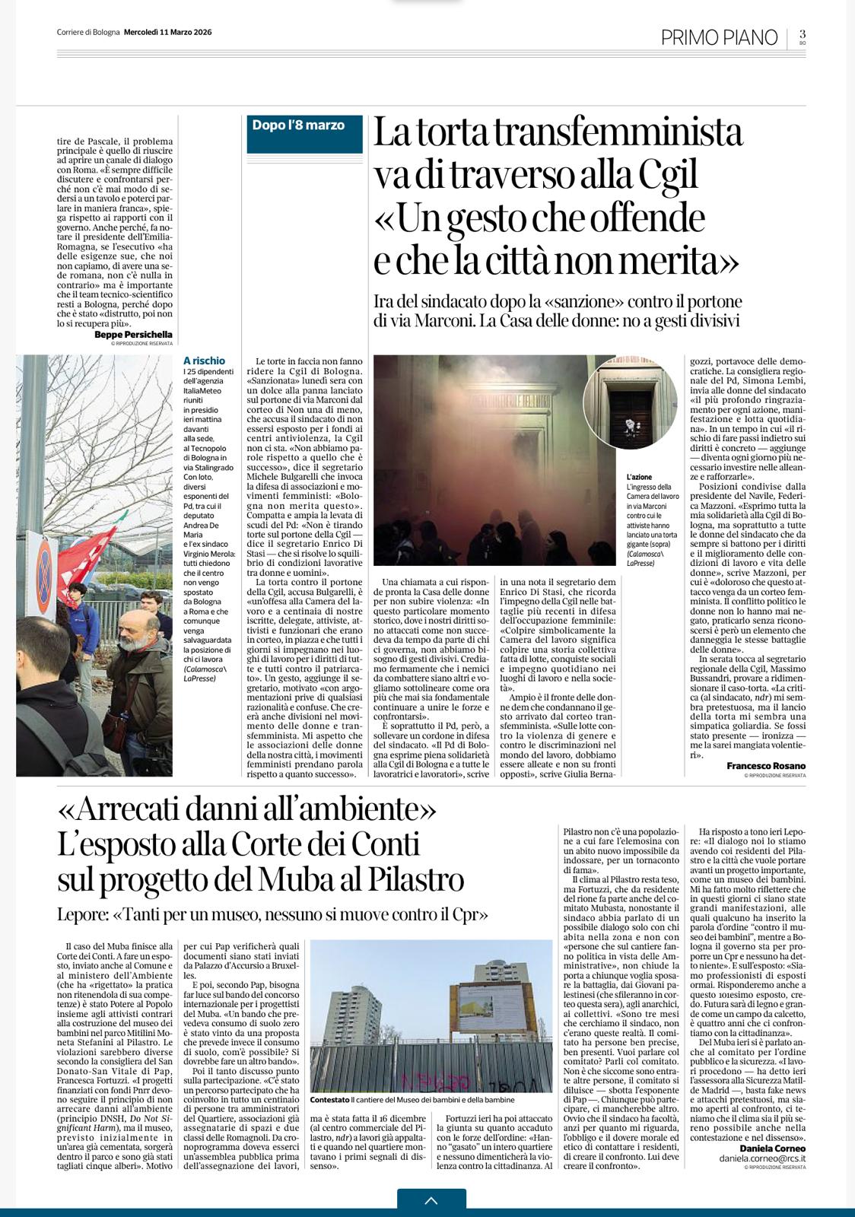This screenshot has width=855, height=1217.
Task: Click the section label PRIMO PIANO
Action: pyautogui.click(x=719, y=37)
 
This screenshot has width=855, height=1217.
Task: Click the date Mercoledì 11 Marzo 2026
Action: pyautogui.click(x=167, y=32)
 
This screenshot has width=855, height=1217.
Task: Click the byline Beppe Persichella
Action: pyautogui.click(x=133, y=334)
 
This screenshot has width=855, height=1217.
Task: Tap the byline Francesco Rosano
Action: pyautogui.click(x=765, y=765)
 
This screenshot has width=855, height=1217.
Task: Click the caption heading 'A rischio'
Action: pyautogui.click(x=204, y=361)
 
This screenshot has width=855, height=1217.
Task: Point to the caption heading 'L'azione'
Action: pyautogui.click(x=639, y=477)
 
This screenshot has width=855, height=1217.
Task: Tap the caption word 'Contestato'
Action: pyautogui.click(x=330, y=1100)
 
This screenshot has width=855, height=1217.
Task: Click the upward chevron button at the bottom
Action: pyautogui.click(x=431, y=1201)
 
